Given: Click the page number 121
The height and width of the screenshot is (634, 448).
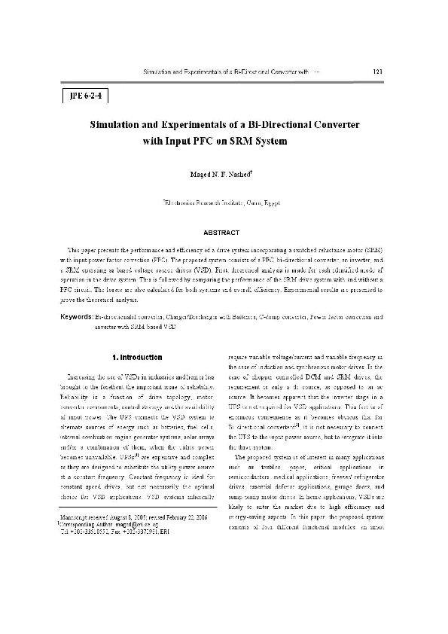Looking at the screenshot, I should (x=378, y=72).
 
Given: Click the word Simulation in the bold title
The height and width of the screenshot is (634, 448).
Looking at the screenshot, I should (x=123, y=123).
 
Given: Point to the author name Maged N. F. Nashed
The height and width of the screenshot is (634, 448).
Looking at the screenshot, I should (x=224, y=173).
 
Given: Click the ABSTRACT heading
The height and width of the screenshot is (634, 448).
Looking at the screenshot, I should (x=224, y=233).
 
